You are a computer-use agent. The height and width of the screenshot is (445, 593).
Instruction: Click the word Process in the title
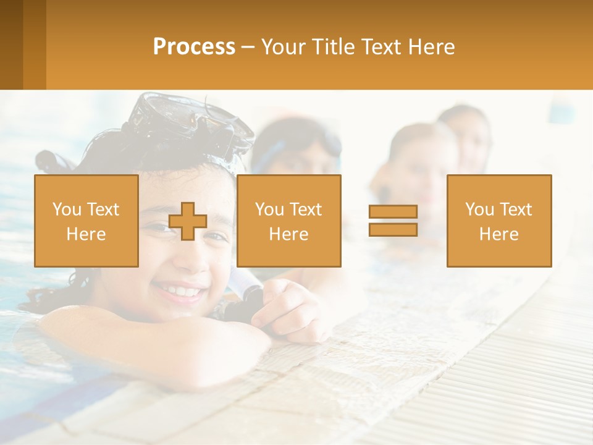click(194, 47)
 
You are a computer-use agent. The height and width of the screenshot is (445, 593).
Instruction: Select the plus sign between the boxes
click(188, 221)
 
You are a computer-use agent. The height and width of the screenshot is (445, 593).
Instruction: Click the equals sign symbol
click(393, 221)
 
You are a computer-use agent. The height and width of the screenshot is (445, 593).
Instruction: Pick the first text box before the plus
click(86, 221)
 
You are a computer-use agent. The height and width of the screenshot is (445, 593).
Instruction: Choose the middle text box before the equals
click(288, 221)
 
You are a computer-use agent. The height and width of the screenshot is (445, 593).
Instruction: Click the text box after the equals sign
click(498, 221)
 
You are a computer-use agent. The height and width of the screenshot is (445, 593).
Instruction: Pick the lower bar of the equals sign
click(393, 229)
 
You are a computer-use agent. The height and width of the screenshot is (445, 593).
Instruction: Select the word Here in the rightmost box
click(498, 234)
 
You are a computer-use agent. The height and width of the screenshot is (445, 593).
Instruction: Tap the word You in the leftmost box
click(66, 209)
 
